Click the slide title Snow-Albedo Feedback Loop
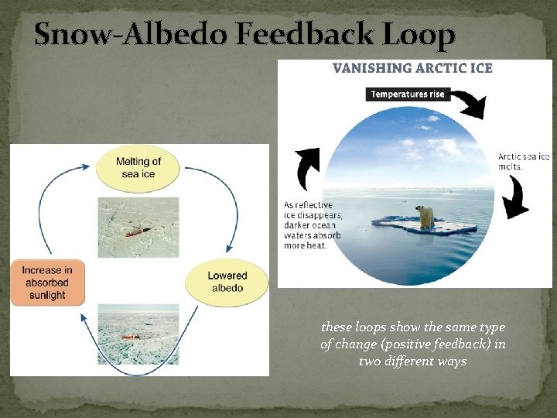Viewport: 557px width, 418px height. coord(244,35)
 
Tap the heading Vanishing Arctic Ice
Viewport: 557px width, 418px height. coord(412,68)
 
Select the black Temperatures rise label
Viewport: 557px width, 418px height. coord(407,94)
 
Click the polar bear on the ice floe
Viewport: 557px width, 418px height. coord(425,216)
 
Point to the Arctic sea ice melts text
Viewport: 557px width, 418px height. coord(523,161)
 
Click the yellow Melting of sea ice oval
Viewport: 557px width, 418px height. coord(138,168)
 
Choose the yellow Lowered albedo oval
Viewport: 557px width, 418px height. coord(227,282)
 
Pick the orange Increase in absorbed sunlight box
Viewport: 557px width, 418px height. coord(46,283)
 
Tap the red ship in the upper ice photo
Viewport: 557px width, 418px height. coord(137,231)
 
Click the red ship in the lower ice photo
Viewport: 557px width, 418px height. coord(130,337)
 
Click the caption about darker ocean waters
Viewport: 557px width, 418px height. coord(313,225)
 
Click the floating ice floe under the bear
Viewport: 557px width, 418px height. coord(425,228)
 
